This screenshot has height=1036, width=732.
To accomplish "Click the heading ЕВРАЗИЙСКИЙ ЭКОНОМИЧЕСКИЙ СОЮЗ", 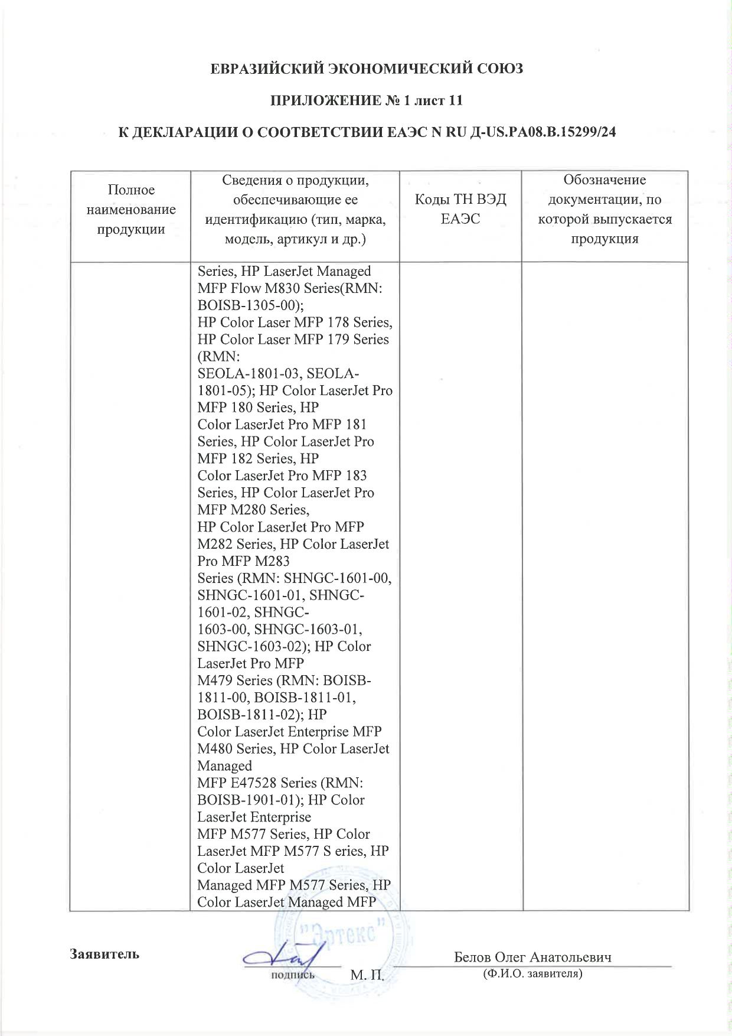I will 367,69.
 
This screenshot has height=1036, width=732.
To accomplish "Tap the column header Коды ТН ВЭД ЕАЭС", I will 460,209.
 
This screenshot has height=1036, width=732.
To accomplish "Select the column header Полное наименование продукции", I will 131,209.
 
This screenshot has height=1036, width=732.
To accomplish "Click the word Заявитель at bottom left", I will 104,954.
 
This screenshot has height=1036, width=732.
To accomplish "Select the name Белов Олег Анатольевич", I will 532,957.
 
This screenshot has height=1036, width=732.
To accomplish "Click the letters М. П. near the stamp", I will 367,975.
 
